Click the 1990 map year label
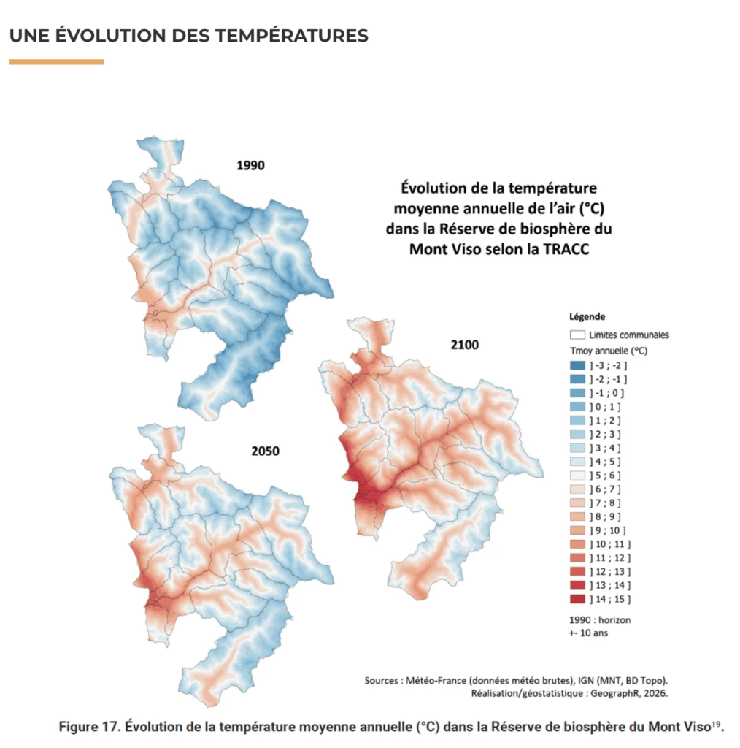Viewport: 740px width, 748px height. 250,166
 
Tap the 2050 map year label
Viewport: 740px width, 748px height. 266,451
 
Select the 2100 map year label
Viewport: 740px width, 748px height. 465,345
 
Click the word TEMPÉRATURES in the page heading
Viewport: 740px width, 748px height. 292,35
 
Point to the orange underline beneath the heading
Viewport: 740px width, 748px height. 56,61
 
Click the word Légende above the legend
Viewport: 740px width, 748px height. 587,317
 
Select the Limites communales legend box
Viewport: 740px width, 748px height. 577,335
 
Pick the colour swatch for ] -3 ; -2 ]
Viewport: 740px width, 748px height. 577,365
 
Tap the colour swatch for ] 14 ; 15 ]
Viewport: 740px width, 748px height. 577,599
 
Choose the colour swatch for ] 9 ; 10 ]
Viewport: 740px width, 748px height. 577,530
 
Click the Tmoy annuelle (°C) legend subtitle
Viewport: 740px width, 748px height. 609,351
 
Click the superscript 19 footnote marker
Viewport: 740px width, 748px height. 716,724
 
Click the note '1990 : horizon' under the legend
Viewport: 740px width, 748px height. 599,620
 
